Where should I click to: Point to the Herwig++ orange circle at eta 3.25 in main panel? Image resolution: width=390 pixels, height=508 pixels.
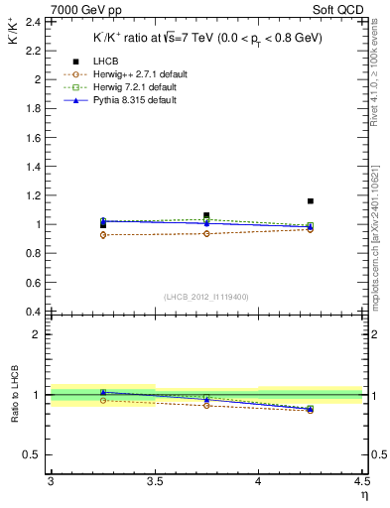[102, 235]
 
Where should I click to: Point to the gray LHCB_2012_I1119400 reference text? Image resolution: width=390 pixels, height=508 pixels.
[206, 297]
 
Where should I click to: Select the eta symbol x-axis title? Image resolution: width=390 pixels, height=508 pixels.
[364, 493]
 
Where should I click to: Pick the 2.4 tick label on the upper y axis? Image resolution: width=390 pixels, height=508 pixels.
[33, 21]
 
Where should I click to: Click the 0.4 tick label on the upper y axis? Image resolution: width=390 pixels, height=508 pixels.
[33, 312]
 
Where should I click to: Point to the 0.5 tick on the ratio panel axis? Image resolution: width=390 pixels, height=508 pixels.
[33, 455]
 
